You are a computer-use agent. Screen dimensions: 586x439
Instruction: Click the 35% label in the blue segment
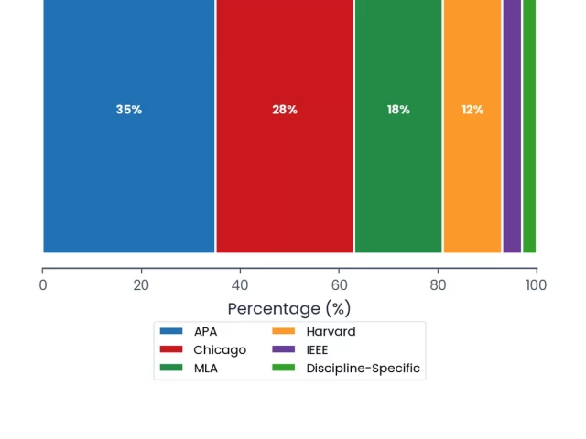(129, 110)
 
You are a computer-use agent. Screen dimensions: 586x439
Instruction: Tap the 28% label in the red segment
(285, 110)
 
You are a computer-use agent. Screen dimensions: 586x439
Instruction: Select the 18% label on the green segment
(398, 110)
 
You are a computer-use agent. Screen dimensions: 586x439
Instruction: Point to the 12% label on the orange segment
(472, 110)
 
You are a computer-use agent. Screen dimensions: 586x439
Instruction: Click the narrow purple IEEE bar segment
(512, 126)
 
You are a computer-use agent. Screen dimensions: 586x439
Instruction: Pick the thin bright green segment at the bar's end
(529, 126)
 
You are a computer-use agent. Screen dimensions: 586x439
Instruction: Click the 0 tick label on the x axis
(43, 285)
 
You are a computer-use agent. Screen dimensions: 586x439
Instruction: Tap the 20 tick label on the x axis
(141, 285)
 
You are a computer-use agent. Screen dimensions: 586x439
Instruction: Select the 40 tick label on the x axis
(240, 285)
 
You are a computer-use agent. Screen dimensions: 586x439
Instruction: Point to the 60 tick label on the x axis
(339, 285)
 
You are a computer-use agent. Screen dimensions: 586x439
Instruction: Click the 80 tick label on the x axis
(438, 285)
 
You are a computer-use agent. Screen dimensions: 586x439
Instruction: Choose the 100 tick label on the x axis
(537, 285)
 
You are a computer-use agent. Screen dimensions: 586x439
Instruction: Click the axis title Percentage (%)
(289, 309)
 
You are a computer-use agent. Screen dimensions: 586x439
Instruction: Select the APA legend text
(205, 331)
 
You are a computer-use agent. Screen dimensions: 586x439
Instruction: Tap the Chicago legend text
(220, 350)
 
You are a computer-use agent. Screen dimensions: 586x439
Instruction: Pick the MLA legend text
(206, 368)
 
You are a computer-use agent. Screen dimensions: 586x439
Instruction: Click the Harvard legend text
(331, 331)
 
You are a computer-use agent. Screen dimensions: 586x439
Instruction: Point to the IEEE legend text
(317, 349)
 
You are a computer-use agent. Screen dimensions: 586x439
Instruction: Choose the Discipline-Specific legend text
(364, 369)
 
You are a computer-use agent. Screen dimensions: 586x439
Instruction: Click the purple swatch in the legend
(283, 349)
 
